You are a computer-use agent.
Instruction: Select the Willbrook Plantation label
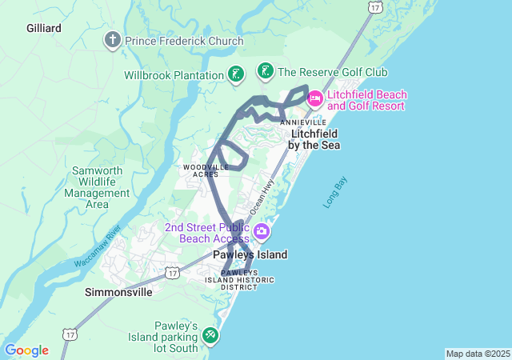174,76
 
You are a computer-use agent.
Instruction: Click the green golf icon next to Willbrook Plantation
235,75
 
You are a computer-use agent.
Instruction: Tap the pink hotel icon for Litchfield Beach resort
314,98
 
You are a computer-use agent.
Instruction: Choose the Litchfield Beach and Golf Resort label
367,100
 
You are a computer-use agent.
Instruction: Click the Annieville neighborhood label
303,122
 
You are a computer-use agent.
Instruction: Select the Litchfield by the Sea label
314,139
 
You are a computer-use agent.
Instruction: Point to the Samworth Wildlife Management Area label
97,187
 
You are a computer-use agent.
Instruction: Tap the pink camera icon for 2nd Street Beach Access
262,233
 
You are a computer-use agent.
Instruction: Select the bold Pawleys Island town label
250,255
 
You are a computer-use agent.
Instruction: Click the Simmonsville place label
118,293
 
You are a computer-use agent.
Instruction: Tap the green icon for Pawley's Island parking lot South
210,334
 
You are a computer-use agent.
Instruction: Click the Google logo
26,350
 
